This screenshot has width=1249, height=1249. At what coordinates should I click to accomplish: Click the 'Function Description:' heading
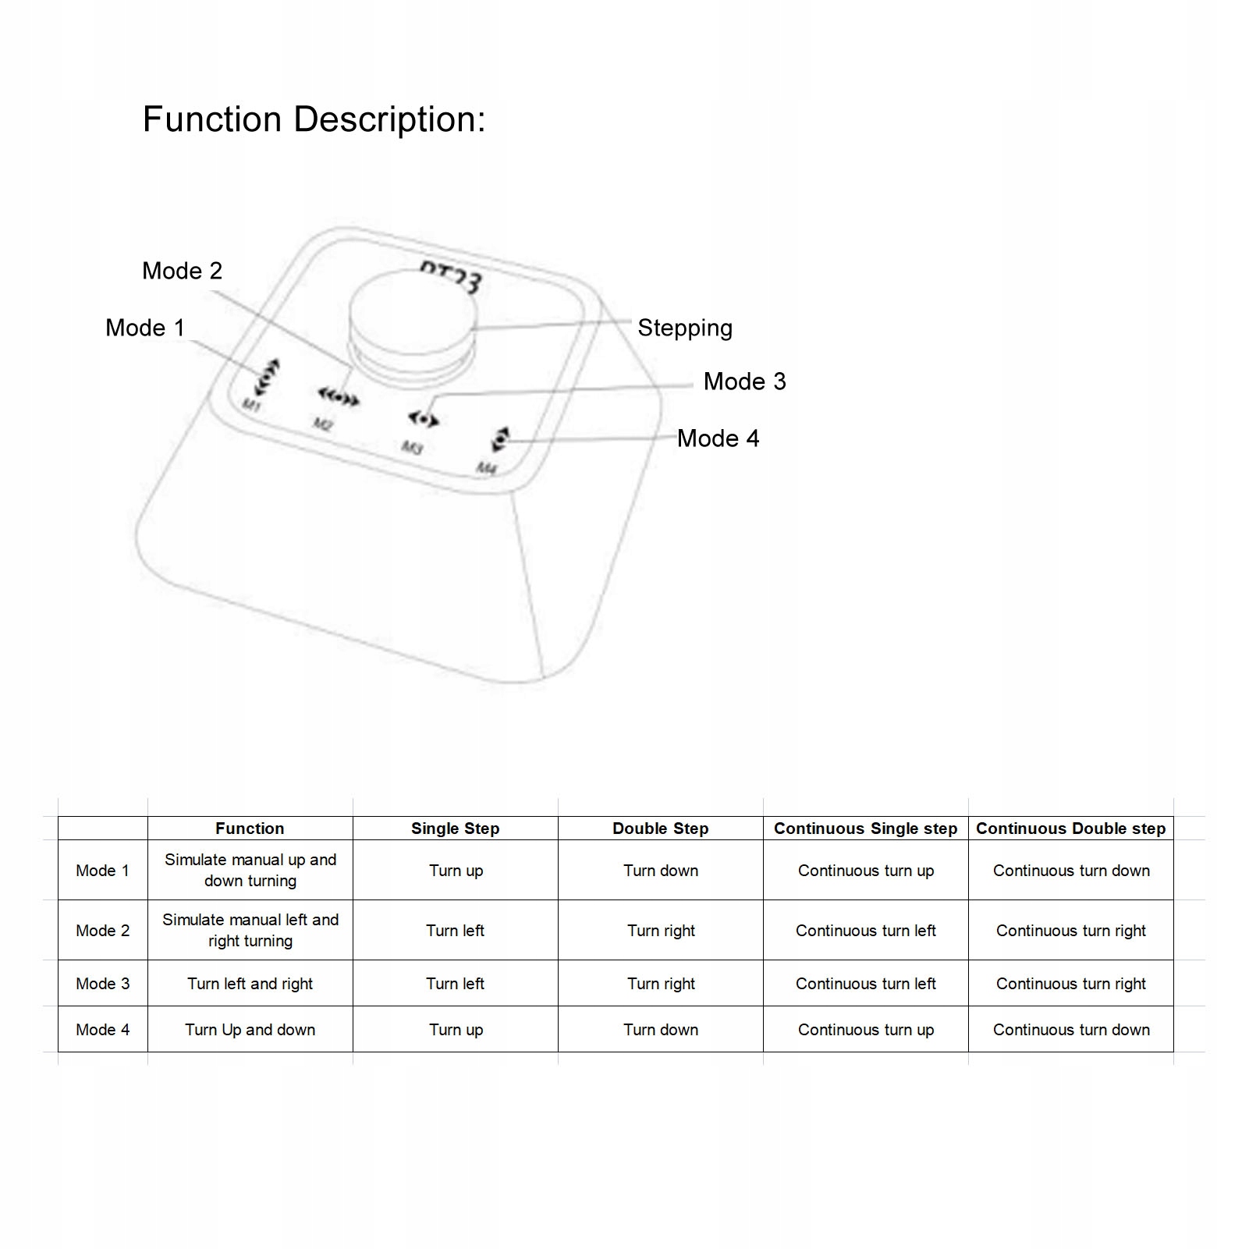tap(314, 120)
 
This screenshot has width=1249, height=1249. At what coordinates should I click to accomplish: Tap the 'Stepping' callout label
tap(685, 328)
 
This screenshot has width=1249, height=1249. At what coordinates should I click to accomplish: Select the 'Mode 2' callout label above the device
tap(182, 271)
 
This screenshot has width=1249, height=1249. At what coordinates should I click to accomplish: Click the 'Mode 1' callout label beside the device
tap(145, 328)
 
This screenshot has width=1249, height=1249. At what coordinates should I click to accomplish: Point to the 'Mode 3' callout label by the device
tap(744, 381)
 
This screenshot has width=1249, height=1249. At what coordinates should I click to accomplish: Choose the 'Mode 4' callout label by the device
tap(718, 438)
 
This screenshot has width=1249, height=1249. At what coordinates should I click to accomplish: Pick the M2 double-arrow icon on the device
tap(339, 399)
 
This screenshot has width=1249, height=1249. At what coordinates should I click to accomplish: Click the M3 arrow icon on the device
tap(424, 420)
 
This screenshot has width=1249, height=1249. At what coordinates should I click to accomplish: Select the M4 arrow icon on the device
tap(500, 439)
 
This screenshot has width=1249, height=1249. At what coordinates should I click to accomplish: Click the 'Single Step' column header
tap(456, 829)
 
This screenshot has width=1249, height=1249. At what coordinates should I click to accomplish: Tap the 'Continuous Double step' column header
tap(1070, 829)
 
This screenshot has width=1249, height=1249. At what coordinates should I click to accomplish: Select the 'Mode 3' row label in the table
tap(103, 984)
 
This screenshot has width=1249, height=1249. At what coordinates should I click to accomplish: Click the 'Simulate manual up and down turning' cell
tap(250, 870)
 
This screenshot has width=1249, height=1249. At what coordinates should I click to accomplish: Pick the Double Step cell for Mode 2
tap(661, 931)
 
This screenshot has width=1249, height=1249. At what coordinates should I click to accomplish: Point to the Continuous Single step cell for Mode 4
tap(866, 1030)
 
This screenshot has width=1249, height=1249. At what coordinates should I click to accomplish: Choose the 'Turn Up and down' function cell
tap(250, 1030)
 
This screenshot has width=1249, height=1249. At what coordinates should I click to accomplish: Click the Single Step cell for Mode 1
tap(456, 871)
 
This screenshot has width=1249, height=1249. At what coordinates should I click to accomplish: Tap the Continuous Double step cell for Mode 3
tap(1070, 984)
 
